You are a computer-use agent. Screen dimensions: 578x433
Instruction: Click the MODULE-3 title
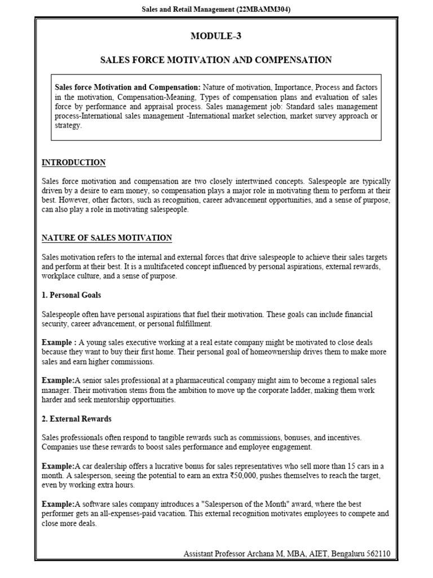[215, 36]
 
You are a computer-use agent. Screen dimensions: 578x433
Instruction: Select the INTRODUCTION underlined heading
[73, 163]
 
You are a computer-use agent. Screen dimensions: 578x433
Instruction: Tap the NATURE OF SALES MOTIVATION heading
[107, 238]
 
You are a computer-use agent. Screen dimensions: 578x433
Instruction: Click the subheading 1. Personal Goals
[72, 295]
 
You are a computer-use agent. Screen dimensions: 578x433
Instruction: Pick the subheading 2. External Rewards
[77, 419]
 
